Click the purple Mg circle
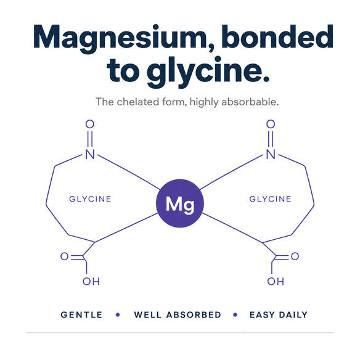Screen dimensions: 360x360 point(180,203)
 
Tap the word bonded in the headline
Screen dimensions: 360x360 point(277,36)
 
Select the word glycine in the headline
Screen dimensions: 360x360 point(207,71)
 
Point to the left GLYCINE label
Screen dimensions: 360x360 point(90,199)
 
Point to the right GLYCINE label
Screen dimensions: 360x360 point(270,199)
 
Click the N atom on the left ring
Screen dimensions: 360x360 point(90,154)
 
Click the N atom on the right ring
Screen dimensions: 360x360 point(271,154)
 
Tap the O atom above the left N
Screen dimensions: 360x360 point(90,124)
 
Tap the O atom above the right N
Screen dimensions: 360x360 point(271,124)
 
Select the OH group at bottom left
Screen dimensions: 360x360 point(91,281)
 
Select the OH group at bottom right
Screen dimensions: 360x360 point(276,281)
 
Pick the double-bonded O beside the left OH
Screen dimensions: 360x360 point(65,256)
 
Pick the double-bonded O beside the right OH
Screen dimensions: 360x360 point(295,256)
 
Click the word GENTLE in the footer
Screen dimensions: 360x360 point(81,315)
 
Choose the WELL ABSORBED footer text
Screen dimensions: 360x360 point(178,315)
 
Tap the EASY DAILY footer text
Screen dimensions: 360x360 point(279,315)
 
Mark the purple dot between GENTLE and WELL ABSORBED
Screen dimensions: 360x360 point(118,315)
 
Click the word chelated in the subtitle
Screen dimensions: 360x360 point(138,102)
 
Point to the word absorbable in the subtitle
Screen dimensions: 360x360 point(250,102)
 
